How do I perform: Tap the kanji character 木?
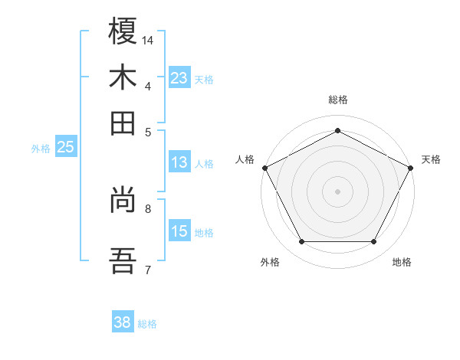click(123, 77)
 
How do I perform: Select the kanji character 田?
click(123, 123)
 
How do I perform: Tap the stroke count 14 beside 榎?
click(148, 40)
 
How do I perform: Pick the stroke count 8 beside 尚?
click(148, 208)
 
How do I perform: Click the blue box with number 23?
click(179, 78)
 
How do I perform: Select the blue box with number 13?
click(179, 162)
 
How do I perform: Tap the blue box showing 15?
click(179, 231)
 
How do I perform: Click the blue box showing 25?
click(65, 148)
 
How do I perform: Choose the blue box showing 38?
click(122, 322)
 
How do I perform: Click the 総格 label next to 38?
click(147, 324)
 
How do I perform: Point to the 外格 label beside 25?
click(41, 149)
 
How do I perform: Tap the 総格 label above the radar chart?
click(337, 100)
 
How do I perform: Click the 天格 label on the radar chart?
click(431, 159)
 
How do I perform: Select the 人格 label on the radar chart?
click(245, 159)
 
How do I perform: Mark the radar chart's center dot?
click(337, 191)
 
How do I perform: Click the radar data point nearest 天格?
click(412, 167)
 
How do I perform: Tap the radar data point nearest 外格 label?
click(301, 242)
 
